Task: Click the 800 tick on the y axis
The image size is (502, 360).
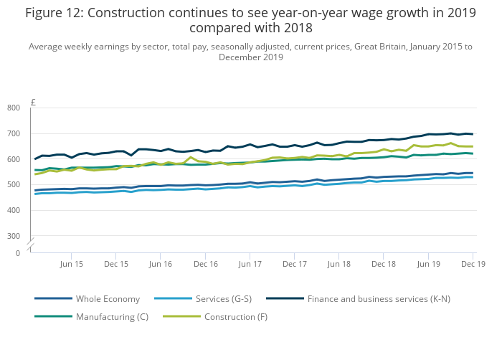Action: coord(34,108)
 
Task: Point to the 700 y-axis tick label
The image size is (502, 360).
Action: coord(34,133)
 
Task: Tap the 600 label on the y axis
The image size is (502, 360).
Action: coord(34,159)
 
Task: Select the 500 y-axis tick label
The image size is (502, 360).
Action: coord(34,185)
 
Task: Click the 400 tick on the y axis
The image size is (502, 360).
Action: coord(34,210)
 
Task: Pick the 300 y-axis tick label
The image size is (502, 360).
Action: coord(34,236)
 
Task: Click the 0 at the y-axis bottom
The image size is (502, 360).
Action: coord(38,253)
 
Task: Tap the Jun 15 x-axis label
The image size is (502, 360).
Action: coord(71,264)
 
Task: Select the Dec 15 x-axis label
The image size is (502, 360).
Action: coord(116,264)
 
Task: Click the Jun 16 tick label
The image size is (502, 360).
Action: coord(160,264)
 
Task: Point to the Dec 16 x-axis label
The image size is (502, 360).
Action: coord(205,264)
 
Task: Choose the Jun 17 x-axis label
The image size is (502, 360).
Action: coord(250,264)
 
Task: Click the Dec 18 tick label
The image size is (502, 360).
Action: coord(384,264)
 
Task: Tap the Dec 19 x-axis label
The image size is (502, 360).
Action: coord(473,264)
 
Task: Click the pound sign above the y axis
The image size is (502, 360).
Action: coord(34,102)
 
